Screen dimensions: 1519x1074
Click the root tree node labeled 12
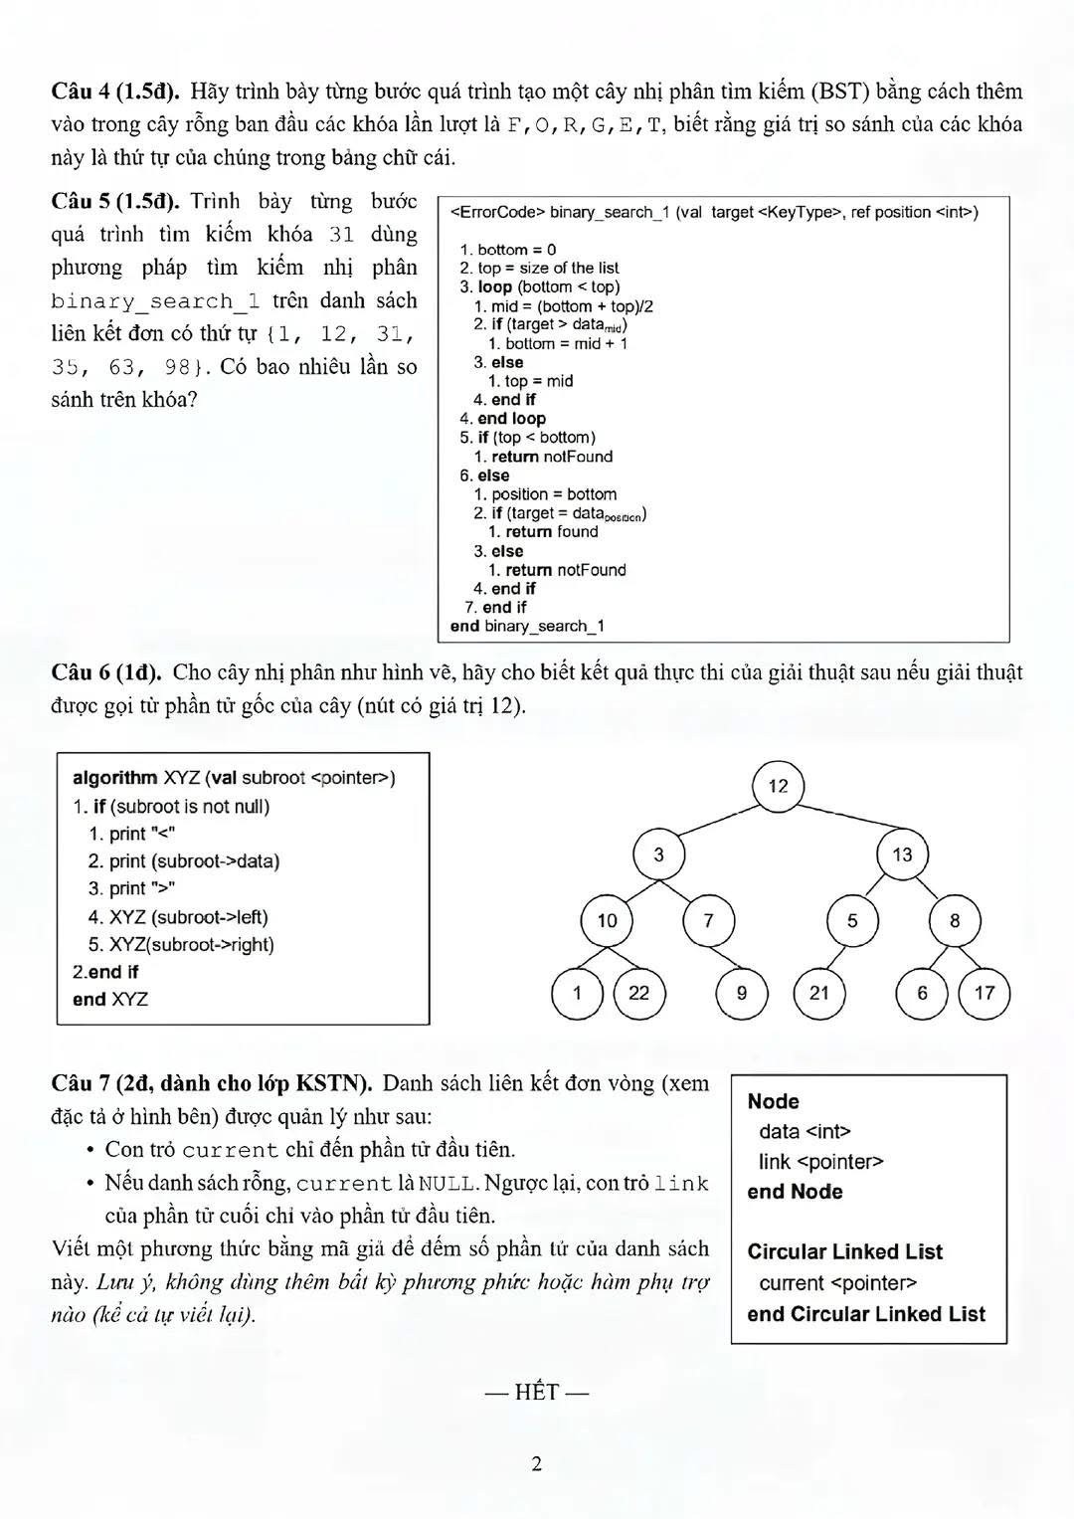click(778, 786)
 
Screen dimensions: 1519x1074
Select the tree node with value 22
click(638, 993)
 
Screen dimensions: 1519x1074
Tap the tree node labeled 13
click(902, 854)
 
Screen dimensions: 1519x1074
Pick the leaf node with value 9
click(742, 993)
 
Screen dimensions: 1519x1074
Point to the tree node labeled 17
click(984, 993)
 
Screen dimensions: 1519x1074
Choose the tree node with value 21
click(819, 993)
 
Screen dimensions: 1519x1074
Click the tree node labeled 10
click(607, 921)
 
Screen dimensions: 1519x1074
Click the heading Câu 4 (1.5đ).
click(115, 92)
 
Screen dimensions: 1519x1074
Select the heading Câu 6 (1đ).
click(106, 672)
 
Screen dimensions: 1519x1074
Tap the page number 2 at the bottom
click(537, 1463)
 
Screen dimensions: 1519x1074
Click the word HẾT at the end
click(537, 1393)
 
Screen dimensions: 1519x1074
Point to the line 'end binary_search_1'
click(527, 627)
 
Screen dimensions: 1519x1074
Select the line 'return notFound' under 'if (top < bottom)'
click(551, 457)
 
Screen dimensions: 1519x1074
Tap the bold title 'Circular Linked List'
click(844, 1252)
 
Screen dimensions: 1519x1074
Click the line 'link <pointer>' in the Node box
click(820, 1162)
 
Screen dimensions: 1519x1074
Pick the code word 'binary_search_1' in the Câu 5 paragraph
click(155, 301)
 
